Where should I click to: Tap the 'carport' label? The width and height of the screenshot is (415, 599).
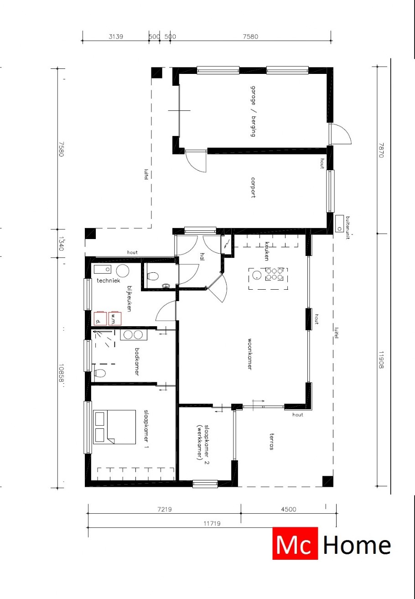click(x=252, y=187)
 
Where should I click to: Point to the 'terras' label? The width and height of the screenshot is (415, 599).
click(x=271, y=441)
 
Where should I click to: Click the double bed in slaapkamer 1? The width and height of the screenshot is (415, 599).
click(x=114, y=427)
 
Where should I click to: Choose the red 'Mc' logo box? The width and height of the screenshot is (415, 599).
click(x=295, y=543)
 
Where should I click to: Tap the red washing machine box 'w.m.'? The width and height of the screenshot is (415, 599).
click(x=114, y=318)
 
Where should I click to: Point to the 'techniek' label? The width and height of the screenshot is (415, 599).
click(x=108, y=281)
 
